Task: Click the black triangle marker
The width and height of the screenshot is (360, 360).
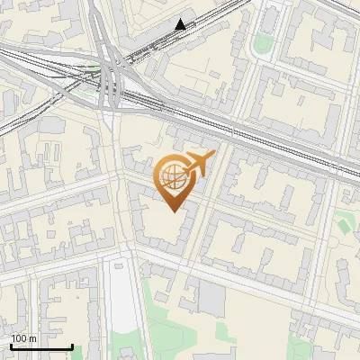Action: [x=181, y=25]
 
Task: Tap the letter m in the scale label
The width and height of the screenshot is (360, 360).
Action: [x=33, y=338]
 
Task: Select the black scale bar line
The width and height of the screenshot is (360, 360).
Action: [x=41, y=346]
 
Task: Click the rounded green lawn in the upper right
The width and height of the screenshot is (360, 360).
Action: [x=263, y=42]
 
